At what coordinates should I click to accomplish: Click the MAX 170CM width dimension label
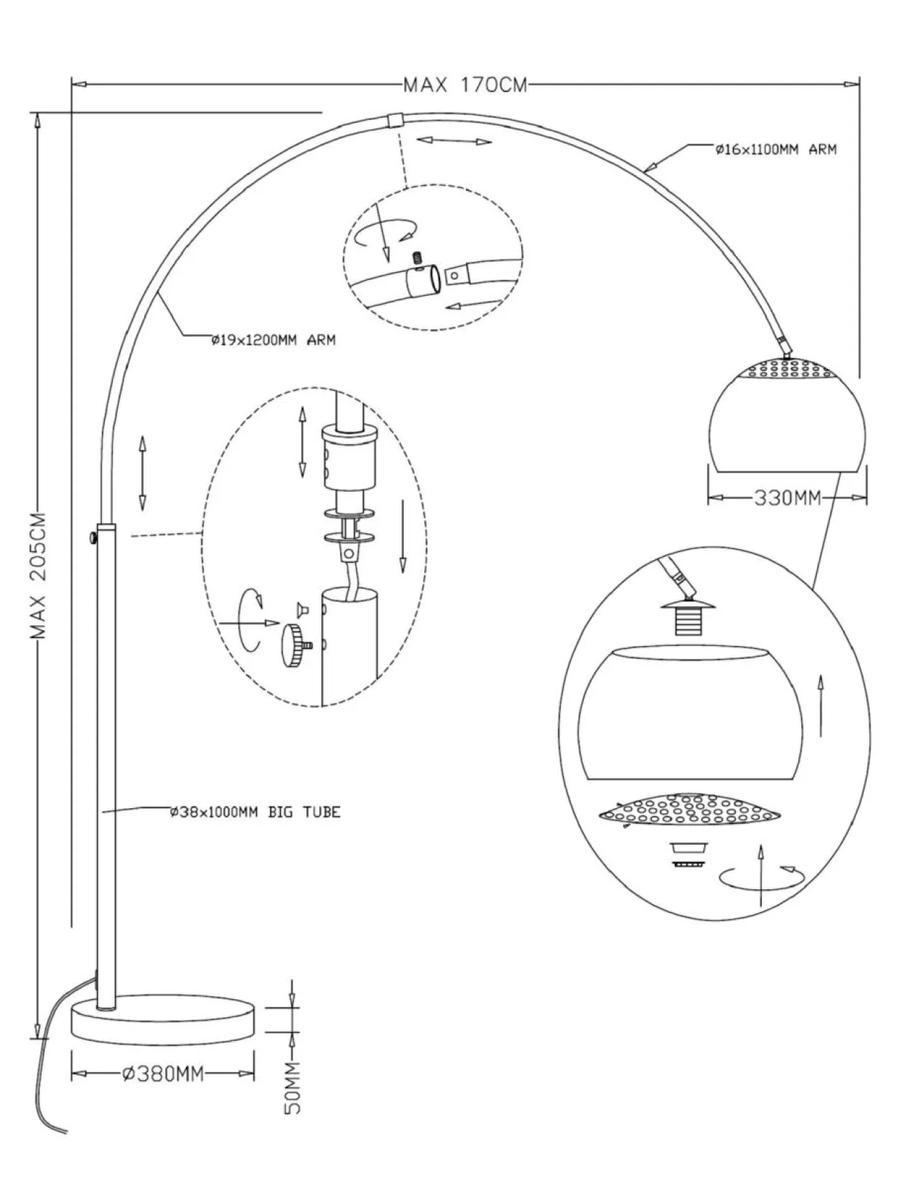tap(465, 85)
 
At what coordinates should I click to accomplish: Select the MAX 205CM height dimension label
tap(37, 576)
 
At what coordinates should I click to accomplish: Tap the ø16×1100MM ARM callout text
tap(775, 150)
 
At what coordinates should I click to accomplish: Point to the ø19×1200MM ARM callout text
tap(274, 341)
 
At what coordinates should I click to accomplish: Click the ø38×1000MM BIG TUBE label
tap(255, 813)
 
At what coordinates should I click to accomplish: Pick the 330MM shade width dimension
tap(787, 497)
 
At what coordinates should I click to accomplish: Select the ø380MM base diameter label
tap(163, 1075)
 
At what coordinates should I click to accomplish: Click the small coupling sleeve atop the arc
tap(394, 119)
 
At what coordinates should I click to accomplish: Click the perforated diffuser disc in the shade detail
tap(690, 810)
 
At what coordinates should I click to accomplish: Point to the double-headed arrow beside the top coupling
tap(454, 141)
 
